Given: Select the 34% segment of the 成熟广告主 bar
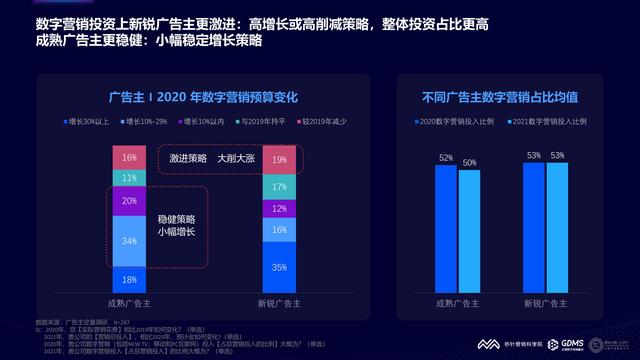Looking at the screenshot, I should pyautogui.click(x=130, y=242).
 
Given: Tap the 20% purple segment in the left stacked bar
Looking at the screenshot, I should pyautogui.click(x=130, y=201).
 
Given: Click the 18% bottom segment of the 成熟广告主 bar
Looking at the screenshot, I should pyautogui.click(x=130, y=280).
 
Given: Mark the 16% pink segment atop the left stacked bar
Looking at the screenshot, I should pyautogui.click(x=130, y=158).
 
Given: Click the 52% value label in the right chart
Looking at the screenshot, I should pyautogui.click(x=445, y=158).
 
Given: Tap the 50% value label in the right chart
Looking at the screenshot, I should pyautogui.click(x=469, y=162).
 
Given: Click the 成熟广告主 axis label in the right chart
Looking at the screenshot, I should pyautogui.click(x=457, y=301).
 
